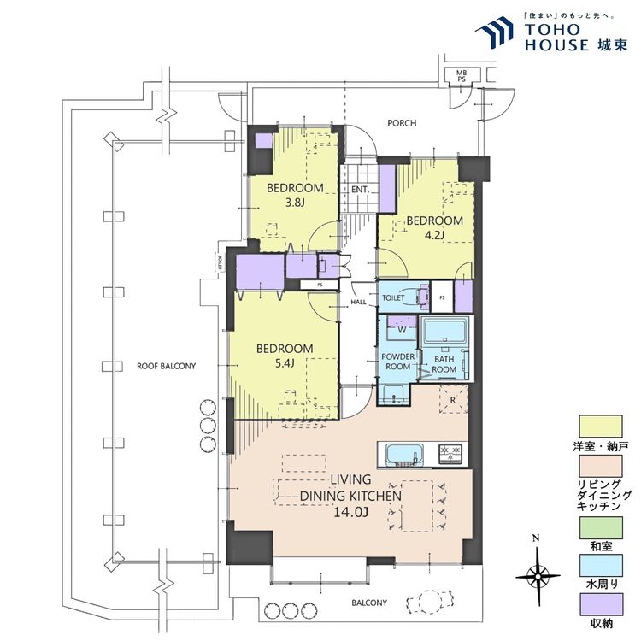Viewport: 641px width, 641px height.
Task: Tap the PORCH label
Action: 402,123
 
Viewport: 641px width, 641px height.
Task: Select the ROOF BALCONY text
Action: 167,367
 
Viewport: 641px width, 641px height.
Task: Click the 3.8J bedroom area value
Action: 295,203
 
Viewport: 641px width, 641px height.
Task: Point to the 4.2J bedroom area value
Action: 434,235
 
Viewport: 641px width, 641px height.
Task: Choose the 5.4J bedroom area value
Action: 285,363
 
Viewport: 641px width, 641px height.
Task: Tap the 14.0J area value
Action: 351,512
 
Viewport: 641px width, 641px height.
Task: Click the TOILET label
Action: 393,298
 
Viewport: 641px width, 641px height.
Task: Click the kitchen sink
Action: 404,454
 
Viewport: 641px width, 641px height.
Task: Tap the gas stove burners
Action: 450,453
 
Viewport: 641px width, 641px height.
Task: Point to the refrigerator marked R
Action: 453,399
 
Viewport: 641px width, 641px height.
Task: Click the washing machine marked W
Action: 402,327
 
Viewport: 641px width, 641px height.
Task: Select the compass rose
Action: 538,576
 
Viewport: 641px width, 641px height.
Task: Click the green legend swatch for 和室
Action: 602,527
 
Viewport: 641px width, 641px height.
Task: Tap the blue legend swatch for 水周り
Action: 602,565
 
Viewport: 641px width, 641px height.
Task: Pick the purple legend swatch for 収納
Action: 602,604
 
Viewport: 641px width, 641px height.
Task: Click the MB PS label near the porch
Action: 462,76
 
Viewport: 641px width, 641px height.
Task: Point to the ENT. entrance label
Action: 360,190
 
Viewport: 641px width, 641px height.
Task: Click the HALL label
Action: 358,302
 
